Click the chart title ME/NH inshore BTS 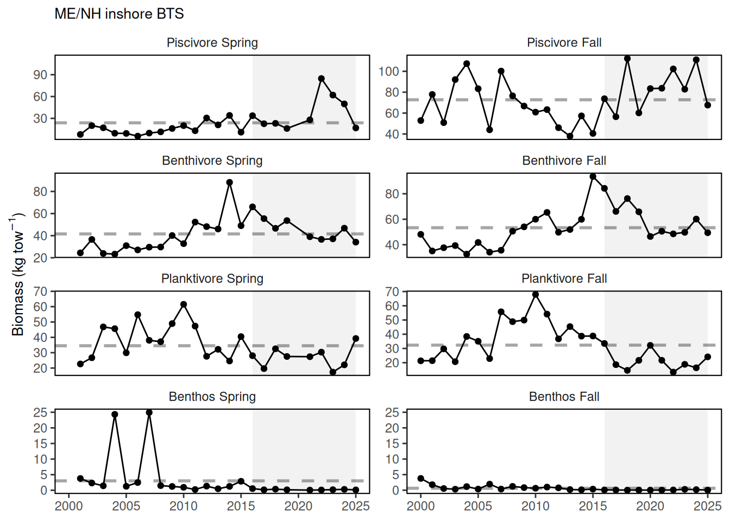tap(119, 14)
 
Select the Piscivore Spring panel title tap(212, 43)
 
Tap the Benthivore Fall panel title tap(564, 161)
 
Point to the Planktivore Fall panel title tap(564, 279)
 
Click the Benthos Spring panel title tap(212, 397)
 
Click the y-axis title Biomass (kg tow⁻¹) tap(17, 274)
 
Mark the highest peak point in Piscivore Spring tap(322, 79)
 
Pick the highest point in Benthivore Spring tap(230, 183)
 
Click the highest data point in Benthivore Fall tap(593, 177)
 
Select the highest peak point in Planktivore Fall tap(536, 295)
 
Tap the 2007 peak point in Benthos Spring tap(149, 412)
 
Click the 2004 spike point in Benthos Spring tap(115, 415)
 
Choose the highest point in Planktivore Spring tap(184, 304)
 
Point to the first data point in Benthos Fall tap(421, 479)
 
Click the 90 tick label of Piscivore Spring tap(40, 75)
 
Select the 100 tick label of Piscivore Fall tap(389, 72)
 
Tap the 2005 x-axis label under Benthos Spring tap(126, 506)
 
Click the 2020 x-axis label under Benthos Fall tap(650, 506)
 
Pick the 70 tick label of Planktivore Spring tap(40, 292)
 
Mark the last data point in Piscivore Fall tap(708, 105)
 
